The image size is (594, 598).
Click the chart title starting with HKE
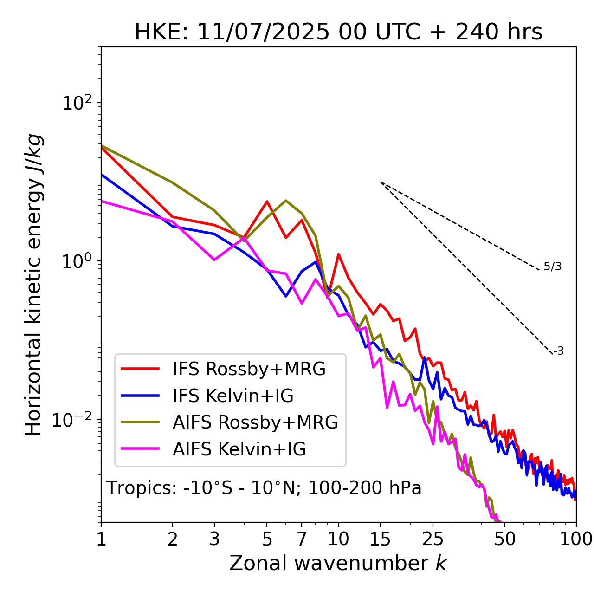click(338, 32)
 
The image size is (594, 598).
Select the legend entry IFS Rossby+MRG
click(249, 369)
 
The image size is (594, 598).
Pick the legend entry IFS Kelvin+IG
click(233, 396)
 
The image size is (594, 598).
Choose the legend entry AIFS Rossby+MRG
click(255, 422)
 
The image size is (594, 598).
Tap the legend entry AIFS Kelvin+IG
click(239, 449)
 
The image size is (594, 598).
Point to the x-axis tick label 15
click(381, 539)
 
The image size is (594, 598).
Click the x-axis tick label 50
click(504, 539)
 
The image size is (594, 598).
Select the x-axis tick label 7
click(302, 539)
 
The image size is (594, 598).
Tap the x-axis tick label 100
click(576, 539)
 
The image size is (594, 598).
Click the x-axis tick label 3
click(214, 539)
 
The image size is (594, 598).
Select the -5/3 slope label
click(551, 266)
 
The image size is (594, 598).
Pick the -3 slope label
click(559, 351)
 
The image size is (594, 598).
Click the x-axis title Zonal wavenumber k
click(338, 563)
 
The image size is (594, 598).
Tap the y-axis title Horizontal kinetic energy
click(33, 285)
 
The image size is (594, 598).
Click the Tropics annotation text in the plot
click(264, 488)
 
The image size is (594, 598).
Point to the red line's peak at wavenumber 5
click(267, 201)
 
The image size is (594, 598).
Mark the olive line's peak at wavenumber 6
click(286, 201)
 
